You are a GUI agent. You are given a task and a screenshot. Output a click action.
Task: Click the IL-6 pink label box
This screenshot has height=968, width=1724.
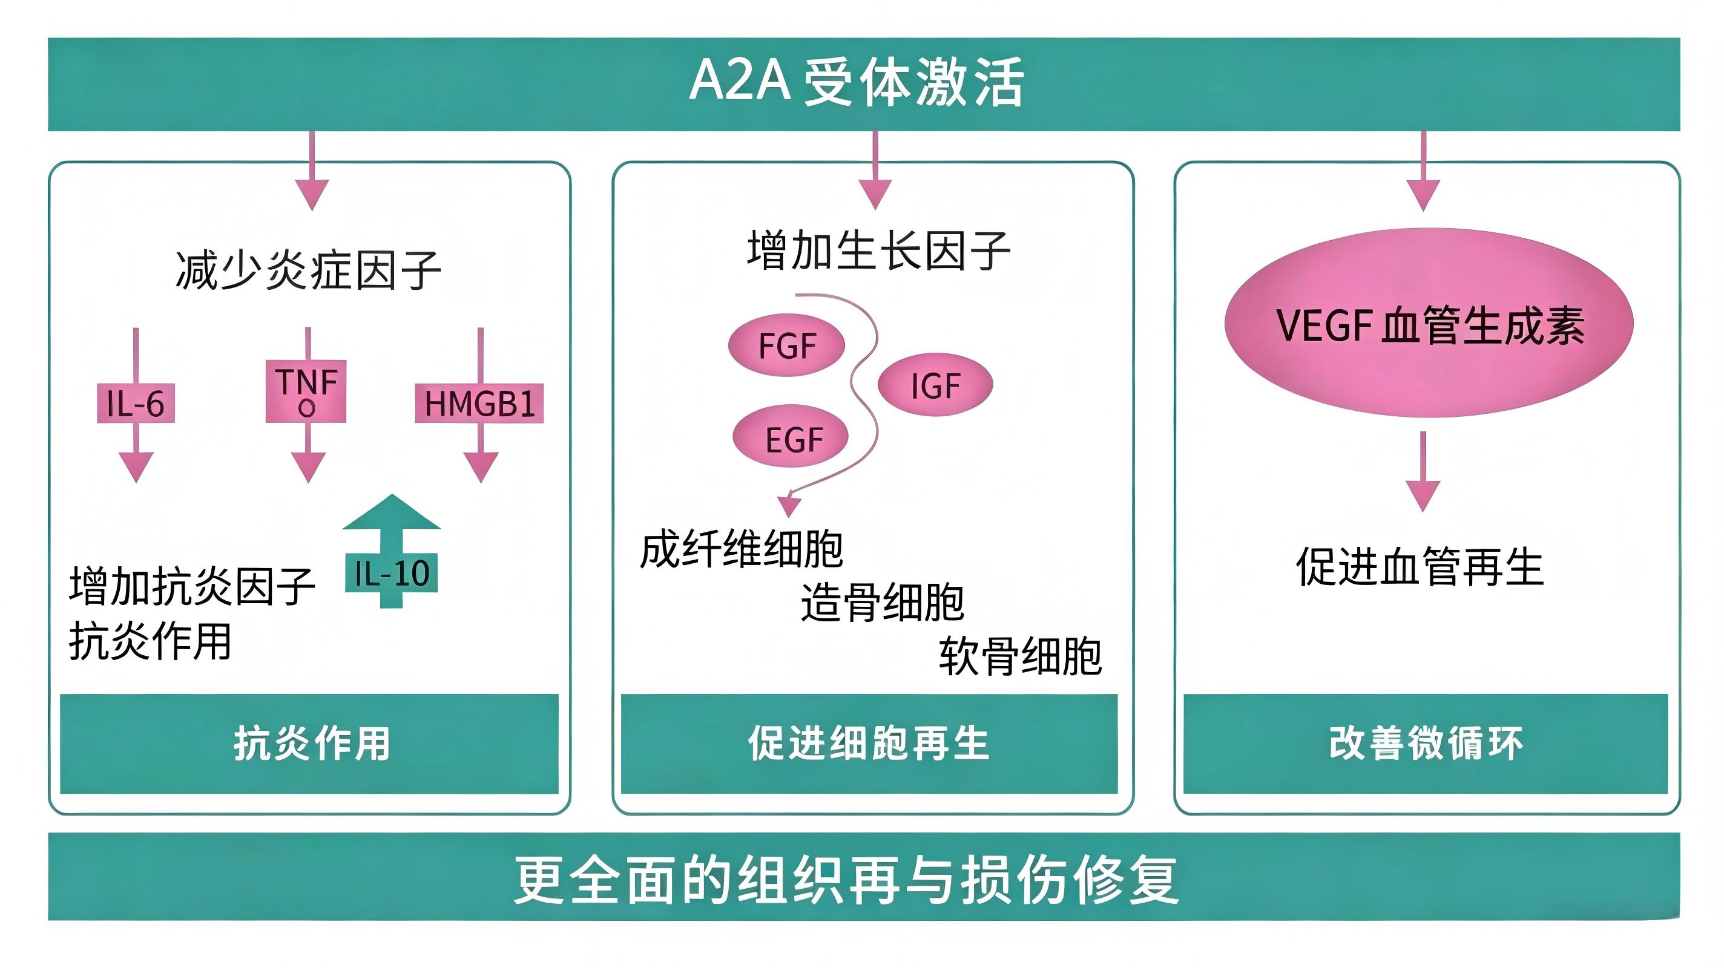coord(136,403)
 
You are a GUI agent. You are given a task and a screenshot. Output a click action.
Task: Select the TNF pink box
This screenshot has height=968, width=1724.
coord(306,391)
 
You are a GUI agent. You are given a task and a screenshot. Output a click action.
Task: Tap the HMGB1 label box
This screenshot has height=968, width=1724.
coord(479,403)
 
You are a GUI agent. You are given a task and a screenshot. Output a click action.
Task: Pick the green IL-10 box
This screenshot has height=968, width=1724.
coord(392,573)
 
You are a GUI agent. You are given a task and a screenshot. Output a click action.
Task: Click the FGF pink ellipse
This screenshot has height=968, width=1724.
coord(786,345)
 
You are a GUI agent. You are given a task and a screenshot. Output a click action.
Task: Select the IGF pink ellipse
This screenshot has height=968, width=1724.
coord(935,385)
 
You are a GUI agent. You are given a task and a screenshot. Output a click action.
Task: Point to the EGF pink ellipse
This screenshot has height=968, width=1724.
coord(791,436)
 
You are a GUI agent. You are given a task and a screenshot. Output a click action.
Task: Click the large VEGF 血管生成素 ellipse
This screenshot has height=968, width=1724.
coord(1429,324)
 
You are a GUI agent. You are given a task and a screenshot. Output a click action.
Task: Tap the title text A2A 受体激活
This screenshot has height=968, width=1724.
coord(857,82)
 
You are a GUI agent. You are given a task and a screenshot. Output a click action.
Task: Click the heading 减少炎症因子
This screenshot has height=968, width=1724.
coord(308,270)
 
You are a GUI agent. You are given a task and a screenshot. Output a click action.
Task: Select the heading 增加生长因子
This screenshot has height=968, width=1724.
coord(878,250)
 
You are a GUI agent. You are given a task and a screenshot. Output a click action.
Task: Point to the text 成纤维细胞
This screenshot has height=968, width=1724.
coord(742,549)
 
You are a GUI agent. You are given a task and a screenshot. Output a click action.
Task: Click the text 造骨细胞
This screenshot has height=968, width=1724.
coord(883,602)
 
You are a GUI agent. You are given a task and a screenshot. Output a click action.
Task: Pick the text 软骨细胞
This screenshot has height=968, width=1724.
coord(1021,656)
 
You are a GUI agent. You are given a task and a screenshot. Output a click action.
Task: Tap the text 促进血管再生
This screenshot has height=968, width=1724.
coord(1420,567)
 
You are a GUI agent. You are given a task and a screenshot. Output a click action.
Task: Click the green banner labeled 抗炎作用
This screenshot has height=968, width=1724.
coord(309,744)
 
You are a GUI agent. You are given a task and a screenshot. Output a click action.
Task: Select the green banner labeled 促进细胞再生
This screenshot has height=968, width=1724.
coord(869,744)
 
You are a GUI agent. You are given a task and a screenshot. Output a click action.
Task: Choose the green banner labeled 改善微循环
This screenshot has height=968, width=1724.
coord(1426,744)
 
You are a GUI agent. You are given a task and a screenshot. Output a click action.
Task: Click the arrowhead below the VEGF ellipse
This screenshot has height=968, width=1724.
coord(1423,495)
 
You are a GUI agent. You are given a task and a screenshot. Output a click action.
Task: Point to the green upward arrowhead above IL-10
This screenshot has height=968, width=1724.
coord(392,512)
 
